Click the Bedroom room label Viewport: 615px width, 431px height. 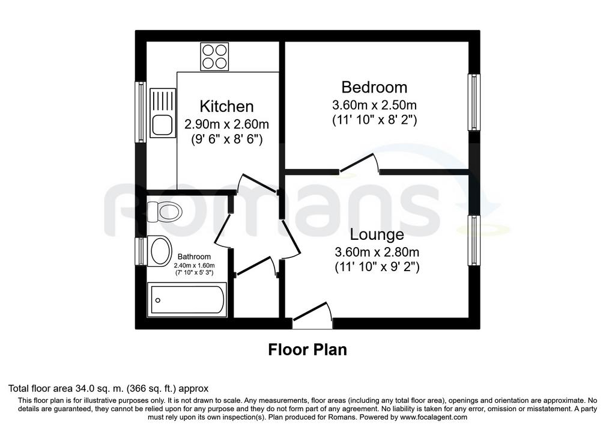[x=374, y=87]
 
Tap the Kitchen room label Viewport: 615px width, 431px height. [x=226, y=106]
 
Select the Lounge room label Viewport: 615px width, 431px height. [x=377, y=234]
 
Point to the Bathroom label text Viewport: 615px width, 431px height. [x=194, y=257]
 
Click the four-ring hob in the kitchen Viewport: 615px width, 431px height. [x=214, y=57]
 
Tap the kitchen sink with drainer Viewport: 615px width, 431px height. [x=163, y=113]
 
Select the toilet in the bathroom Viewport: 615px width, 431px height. [x=165, y=212]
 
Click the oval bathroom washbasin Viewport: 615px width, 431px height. [x=160, y=251]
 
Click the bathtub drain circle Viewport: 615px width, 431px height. [x=158, y=301]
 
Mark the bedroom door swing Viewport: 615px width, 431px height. [x=360, y=163]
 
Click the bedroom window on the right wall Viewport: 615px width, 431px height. [x=474, y=102]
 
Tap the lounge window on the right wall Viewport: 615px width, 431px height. [x=474, y=240]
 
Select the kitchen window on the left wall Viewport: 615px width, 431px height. [x=141, y=112]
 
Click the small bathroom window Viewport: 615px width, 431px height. [x=141, y=252]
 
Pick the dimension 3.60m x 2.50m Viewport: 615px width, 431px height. [x=374, y=105]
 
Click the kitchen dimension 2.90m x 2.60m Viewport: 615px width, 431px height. [x=226, y=124]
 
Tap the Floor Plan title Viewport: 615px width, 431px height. [x=307, y=349]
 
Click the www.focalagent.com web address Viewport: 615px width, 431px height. [x=434, y=417]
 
